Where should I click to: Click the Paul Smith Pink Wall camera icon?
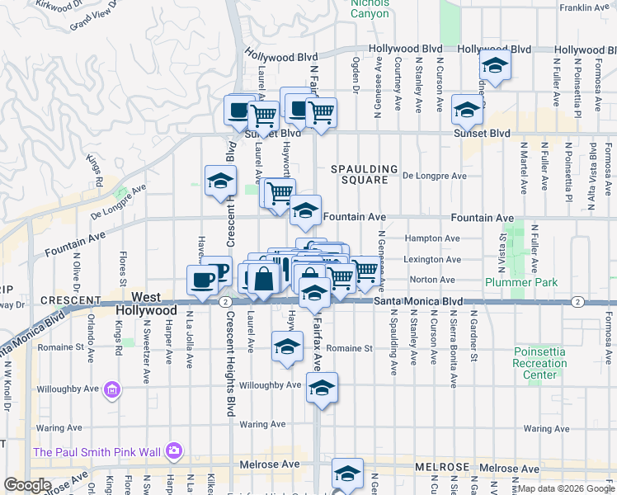pos(174,450)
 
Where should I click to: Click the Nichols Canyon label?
pos(370,7)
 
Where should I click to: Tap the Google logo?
pos(27,485)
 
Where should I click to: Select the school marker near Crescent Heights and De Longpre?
pos(220,181)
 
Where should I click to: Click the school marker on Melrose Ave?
pos(347,474)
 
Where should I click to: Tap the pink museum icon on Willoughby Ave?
pos(113,389)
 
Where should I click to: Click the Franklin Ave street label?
pos(583,8)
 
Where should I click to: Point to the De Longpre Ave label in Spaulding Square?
pos(435,176)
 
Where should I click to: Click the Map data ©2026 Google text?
pos(565,488)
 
